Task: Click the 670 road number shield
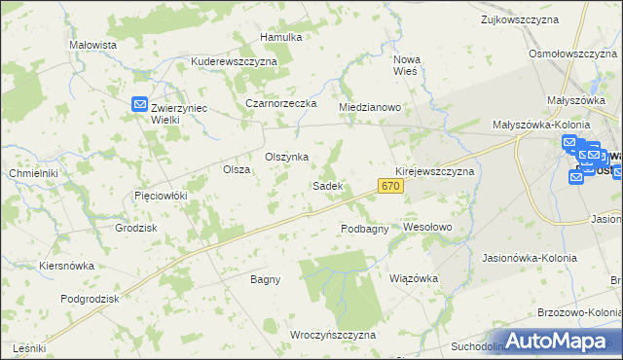[391, 185]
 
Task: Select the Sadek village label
[326, 185]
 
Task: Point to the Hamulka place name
[281, 37]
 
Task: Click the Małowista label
[93, 45]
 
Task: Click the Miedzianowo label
[370, 107]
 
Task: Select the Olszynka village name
[287, 157]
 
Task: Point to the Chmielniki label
[33, 173]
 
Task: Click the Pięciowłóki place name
[160, 196]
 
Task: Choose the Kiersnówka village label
[66, 265]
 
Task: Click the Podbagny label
[365, 229]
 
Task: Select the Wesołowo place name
[428, 227]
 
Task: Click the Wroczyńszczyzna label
[333, 334]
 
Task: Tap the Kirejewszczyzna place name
[434, 170]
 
